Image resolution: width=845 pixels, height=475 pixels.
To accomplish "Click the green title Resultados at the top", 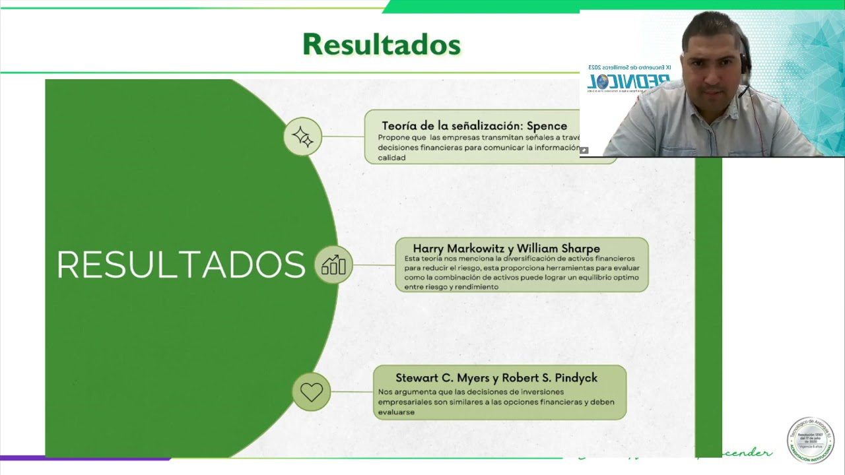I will pyautogui.click(x=381, y=44).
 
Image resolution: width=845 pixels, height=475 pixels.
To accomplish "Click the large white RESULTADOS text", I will pyautogui.click(x=181, y=265).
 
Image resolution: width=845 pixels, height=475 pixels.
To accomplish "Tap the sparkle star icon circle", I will pyautogui.click(x=302, y=137).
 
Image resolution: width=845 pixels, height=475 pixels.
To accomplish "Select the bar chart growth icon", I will pyautogui.click(x=333, y=265).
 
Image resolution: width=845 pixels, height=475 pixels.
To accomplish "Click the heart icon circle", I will pyautogui.click(x=311, y=391).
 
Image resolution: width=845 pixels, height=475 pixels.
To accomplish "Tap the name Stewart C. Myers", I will pyautogui.click(x=442, y=378).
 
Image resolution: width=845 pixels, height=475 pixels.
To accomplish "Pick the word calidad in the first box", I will pyautogui.click(x=391, y=158).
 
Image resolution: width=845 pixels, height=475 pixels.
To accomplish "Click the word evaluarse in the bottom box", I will pyautogui.click(x=396, y=412).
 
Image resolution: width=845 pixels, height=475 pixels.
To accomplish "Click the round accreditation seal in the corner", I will pyautogui.click(x=810, y=440).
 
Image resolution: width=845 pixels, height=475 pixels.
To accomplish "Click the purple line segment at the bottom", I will pyautogui.click(x=86, y=458).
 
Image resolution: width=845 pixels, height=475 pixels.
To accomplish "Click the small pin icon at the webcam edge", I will pyautogui.click(x=584, y=150).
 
